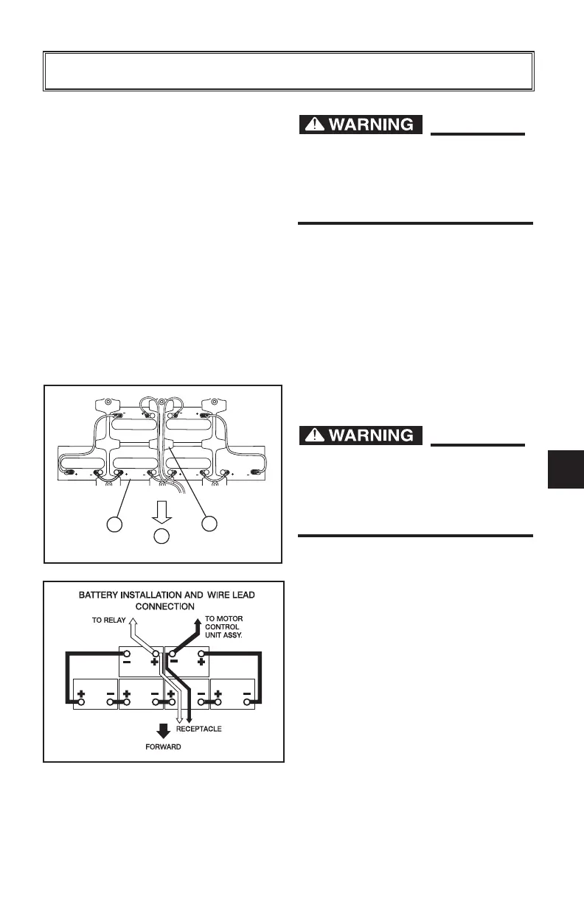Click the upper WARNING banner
pos(361,125)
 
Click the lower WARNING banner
pos(361,436)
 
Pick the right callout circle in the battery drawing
pos(210,525)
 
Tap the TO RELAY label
pos(108,621)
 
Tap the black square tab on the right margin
pos(567,469)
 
